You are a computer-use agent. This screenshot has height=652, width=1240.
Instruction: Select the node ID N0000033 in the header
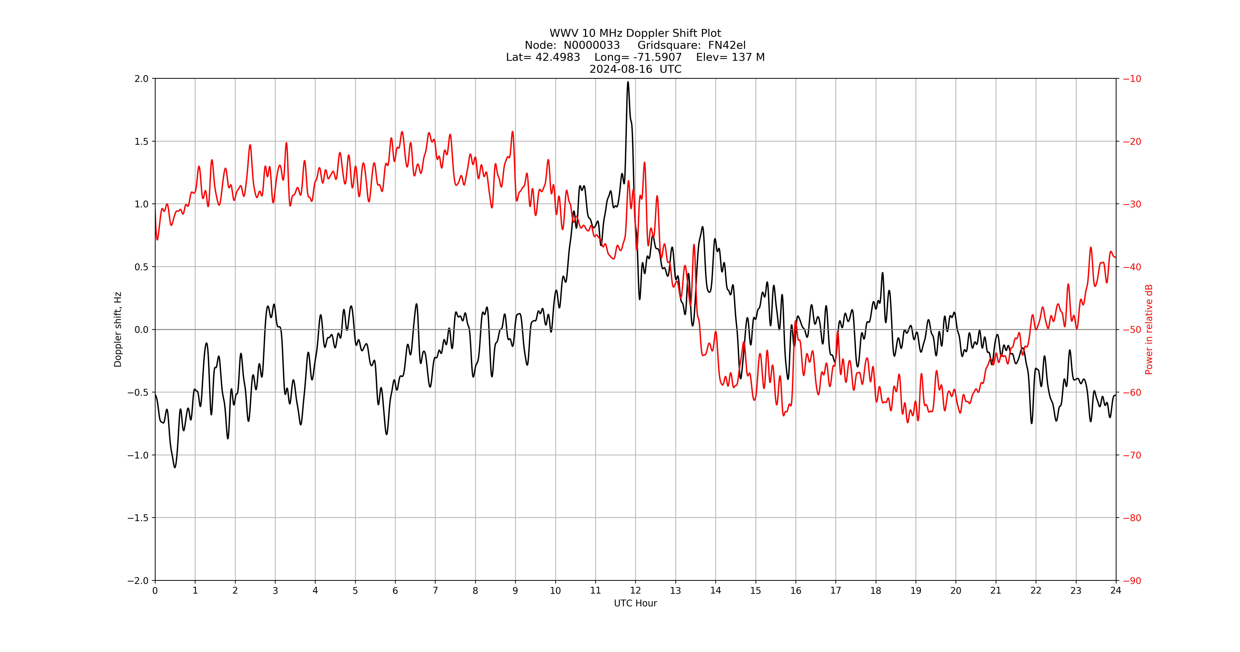592,45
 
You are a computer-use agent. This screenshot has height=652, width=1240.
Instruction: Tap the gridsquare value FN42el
727,45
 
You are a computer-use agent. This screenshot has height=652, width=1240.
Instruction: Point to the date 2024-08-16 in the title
621,69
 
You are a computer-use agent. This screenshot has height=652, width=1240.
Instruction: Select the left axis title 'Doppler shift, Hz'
118,329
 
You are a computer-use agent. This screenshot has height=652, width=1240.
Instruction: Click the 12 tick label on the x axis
635,590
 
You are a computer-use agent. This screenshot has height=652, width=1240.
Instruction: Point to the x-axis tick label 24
1116,590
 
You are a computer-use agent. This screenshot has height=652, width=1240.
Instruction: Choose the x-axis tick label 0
155,590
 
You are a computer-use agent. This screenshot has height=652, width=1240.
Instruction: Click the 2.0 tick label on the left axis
141,79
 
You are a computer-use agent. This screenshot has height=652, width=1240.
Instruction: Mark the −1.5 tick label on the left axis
138,518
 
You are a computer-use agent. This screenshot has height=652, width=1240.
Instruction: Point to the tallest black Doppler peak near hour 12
628,82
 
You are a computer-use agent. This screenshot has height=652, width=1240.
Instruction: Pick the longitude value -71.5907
658,57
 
